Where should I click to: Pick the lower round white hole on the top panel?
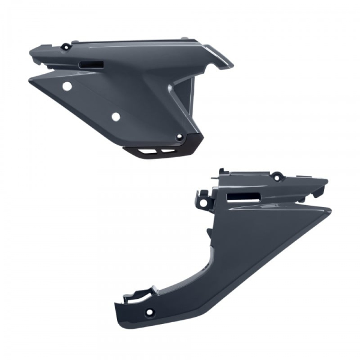point(116,116)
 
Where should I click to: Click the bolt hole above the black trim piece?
point(178,137)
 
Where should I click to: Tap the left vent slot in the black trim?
point(149,151)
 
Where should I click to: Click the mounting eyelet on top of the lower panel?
point(277,177)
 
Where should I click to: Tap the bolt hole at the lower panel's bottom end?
point(148,312)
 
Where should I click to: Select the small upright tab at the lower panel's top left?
point(221,172)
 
